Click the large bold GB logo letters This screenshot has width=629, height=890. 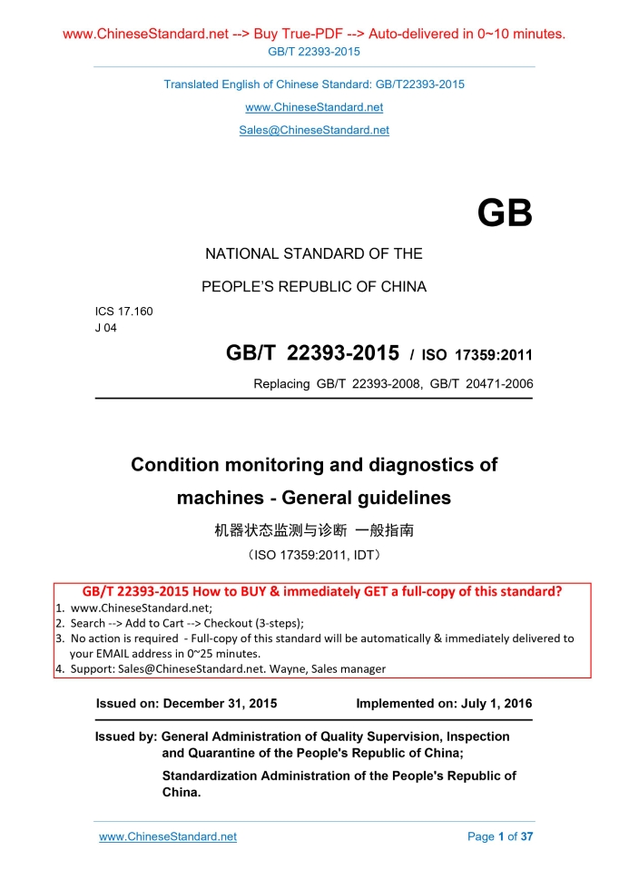[504, 215]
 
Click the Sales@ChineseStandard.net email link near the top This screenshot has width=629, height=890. [314, 130]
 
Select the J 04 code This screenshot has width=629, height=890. [106, 328]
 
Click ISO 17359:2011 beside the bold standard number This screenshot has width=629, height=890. [482, 355]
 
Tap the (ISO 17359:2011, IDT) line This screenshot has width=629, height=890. [314, 552]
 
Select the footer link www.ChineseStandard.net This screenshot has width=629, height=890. [168, 836]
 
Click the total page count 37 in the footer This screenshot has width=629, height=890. [527, 836]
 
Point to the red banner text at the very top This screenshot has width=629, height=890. [314, 35]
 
